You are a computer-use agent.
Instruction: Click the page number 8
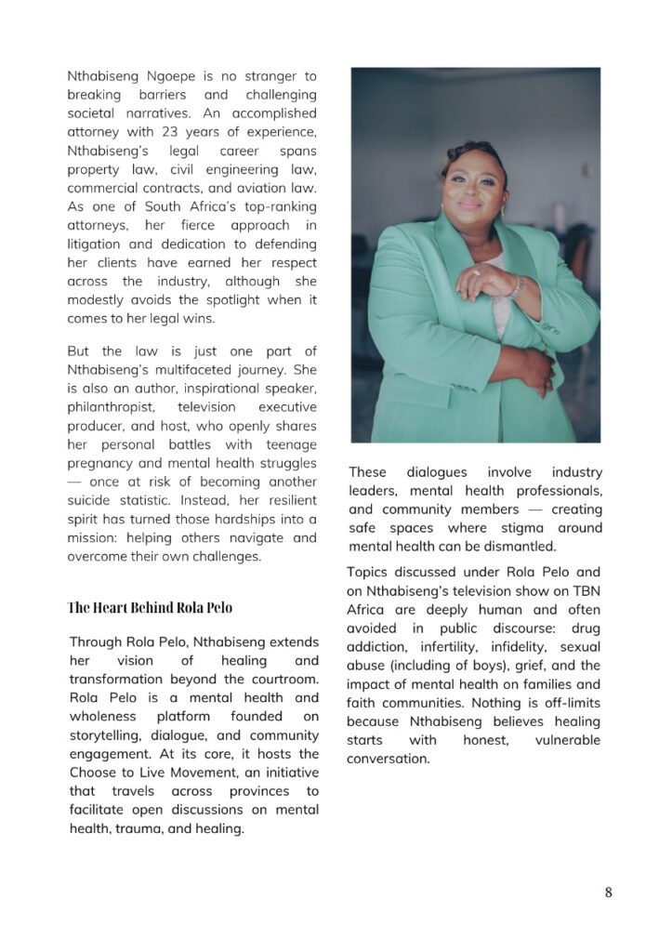pos(608,892)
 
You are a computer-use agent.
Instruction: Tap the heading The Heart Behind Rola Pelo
pos(150,608)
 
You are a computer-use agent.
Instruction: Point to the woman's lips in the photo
pos(471,204)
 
